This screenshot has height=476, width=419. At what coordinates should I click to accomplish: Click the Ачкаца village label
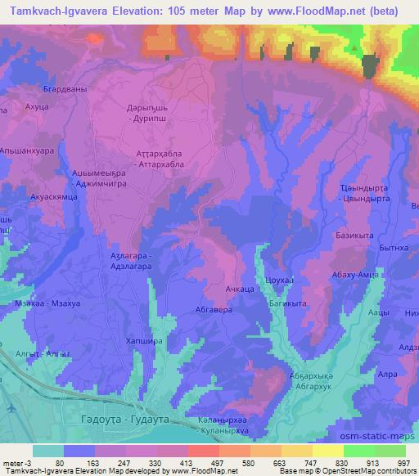tap(238, 290)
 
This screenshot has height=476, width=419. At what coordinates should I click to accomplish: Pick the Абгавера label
tap(214, 310)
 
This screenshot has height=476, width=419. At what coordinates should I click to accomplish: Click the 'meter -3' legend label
tap(16, 462)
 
